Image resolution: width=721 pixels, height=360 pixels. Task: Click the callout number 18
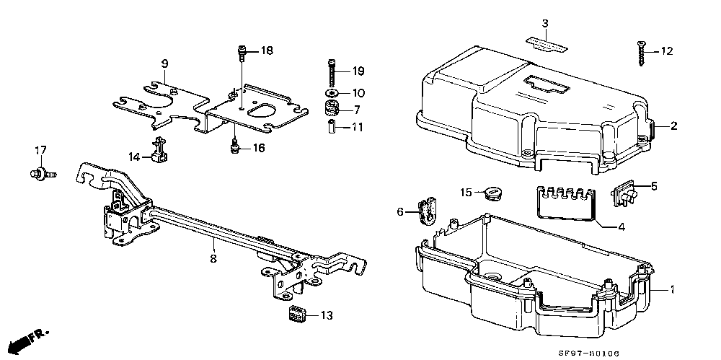[x=266, y=51]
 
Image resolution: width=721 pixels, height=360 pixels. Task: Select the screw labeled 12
[x=640, y=53]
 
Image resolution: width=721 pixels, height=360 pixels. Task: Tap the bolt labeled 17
[x=43, y=174]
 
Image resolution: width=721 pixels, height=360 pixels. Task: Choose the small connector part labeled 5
[x=624, y=194]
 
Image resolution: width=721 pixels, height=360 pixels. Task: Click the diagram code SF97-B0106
[x=588, y=354]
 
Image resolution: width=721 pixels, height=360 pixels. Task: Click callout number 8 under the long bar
[x=213, y=258]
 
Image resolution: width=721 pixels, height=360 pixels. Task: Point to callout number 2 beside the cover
[x=673, y=126]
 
